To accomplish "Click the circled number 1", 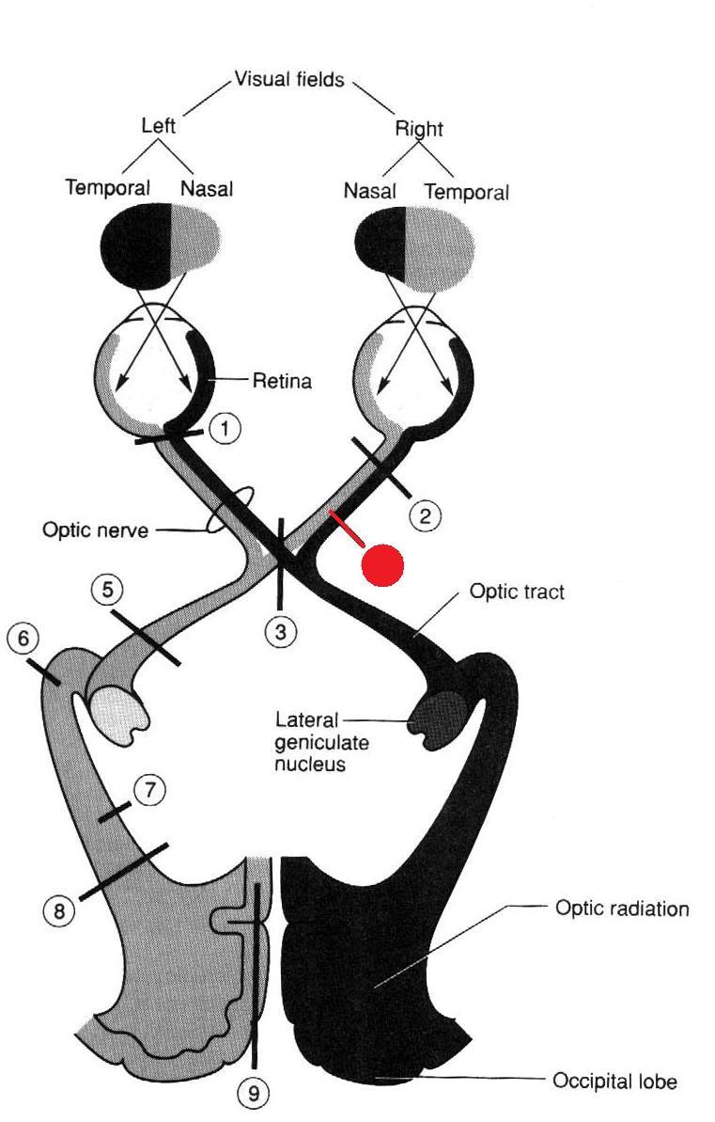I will point(225,429).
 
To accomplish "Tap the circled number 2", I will point(426,514).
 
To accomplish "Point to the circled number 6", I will point(23,639).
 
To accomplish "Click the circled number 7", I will point(148,790).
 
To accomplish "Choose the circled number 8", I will point(59,909).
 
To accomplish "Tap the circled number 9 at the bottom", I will point(253,1092).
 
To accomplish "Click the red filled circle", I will point(383,563).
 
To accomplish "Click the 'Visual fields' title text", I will point(290,80).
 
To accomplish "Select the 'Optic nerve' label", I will point(95,529).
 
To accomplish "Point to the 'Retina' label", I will point(282,381).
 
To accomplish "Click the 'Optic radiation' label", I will point(621,909).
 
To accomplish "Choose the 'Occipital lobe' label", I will point(614,1081).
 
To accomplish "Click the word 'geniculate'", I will point(321,742).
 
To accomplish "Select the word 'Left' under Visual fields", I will point(158,125).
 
